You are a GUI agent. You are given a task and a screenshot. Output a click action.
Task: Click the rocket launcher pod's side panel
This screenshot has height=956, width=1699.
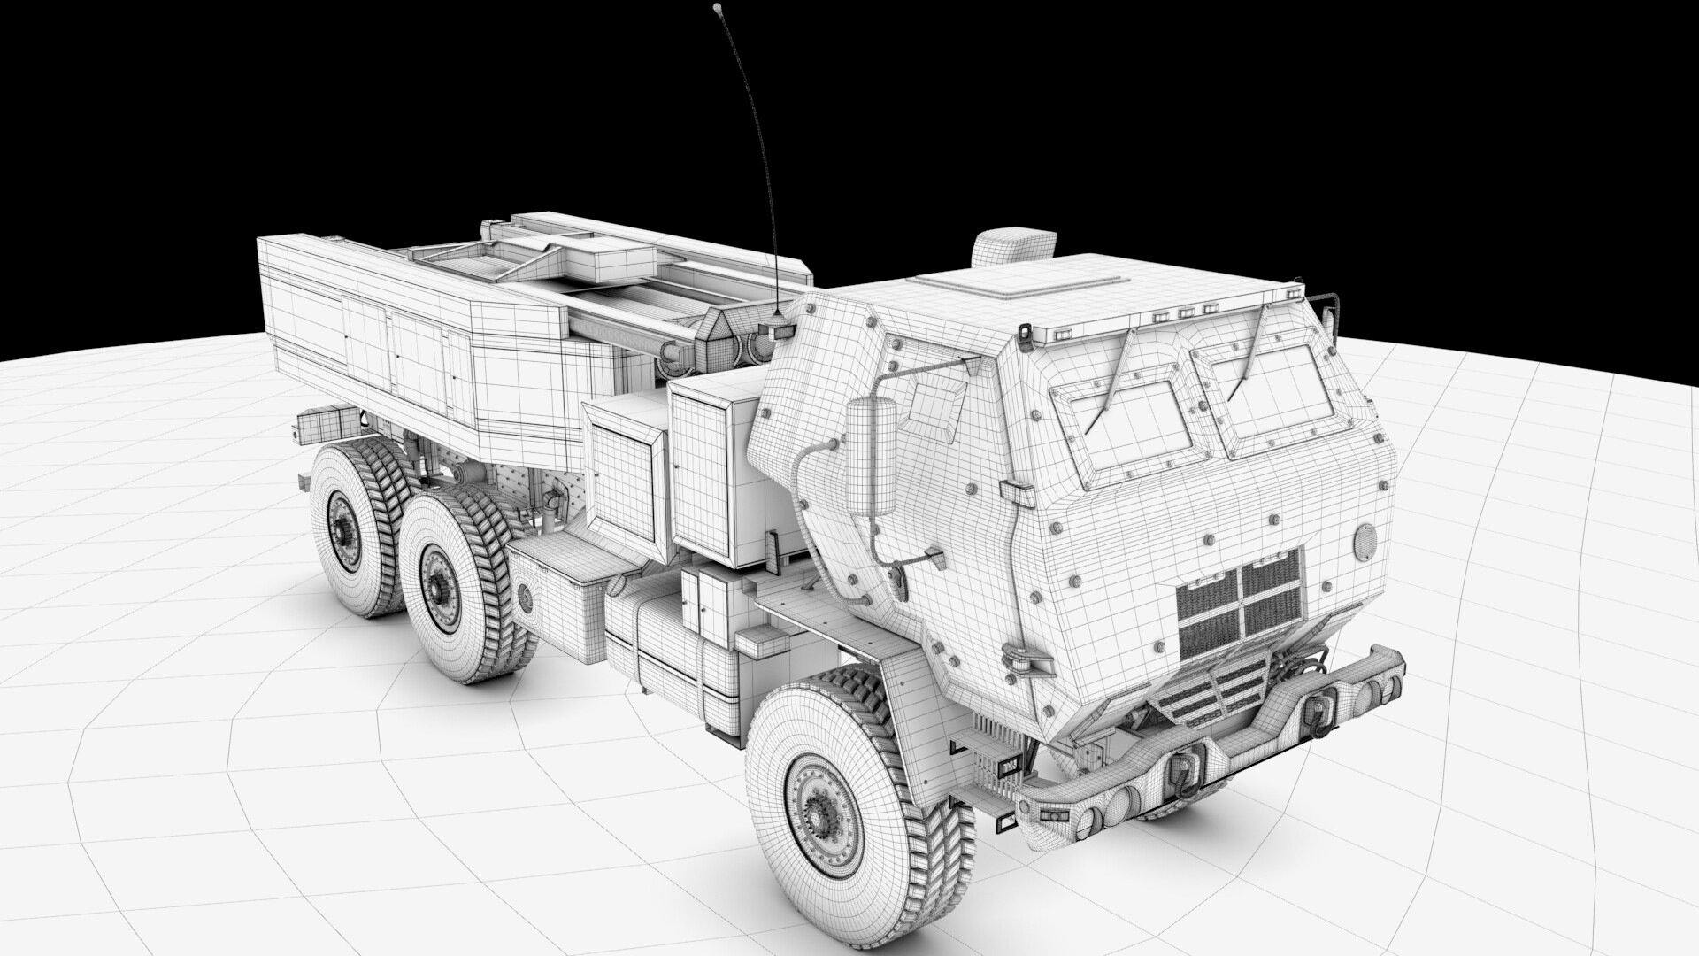372,345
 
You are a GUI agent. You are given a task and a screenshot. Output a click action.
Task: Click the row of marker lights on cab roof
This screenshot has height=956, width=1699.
1181,312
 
